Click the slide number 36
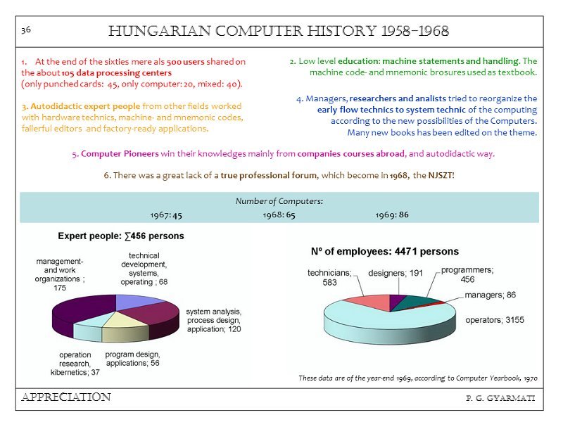(25, 30)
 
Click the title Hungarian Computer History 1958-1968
(279, 32)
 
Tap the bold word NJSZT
(441, 174)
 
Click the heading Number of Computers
(279, 201)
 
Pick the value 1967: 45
(166, 215)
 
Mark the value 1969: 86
(392, 215)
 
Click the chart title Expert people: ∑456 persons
(121, 236)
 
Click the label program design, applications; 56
(132, 359)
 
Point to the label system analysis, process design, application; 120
(213, 320)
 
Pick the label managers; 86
(490, 295)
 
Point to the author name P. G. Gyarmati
(500, 399)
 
